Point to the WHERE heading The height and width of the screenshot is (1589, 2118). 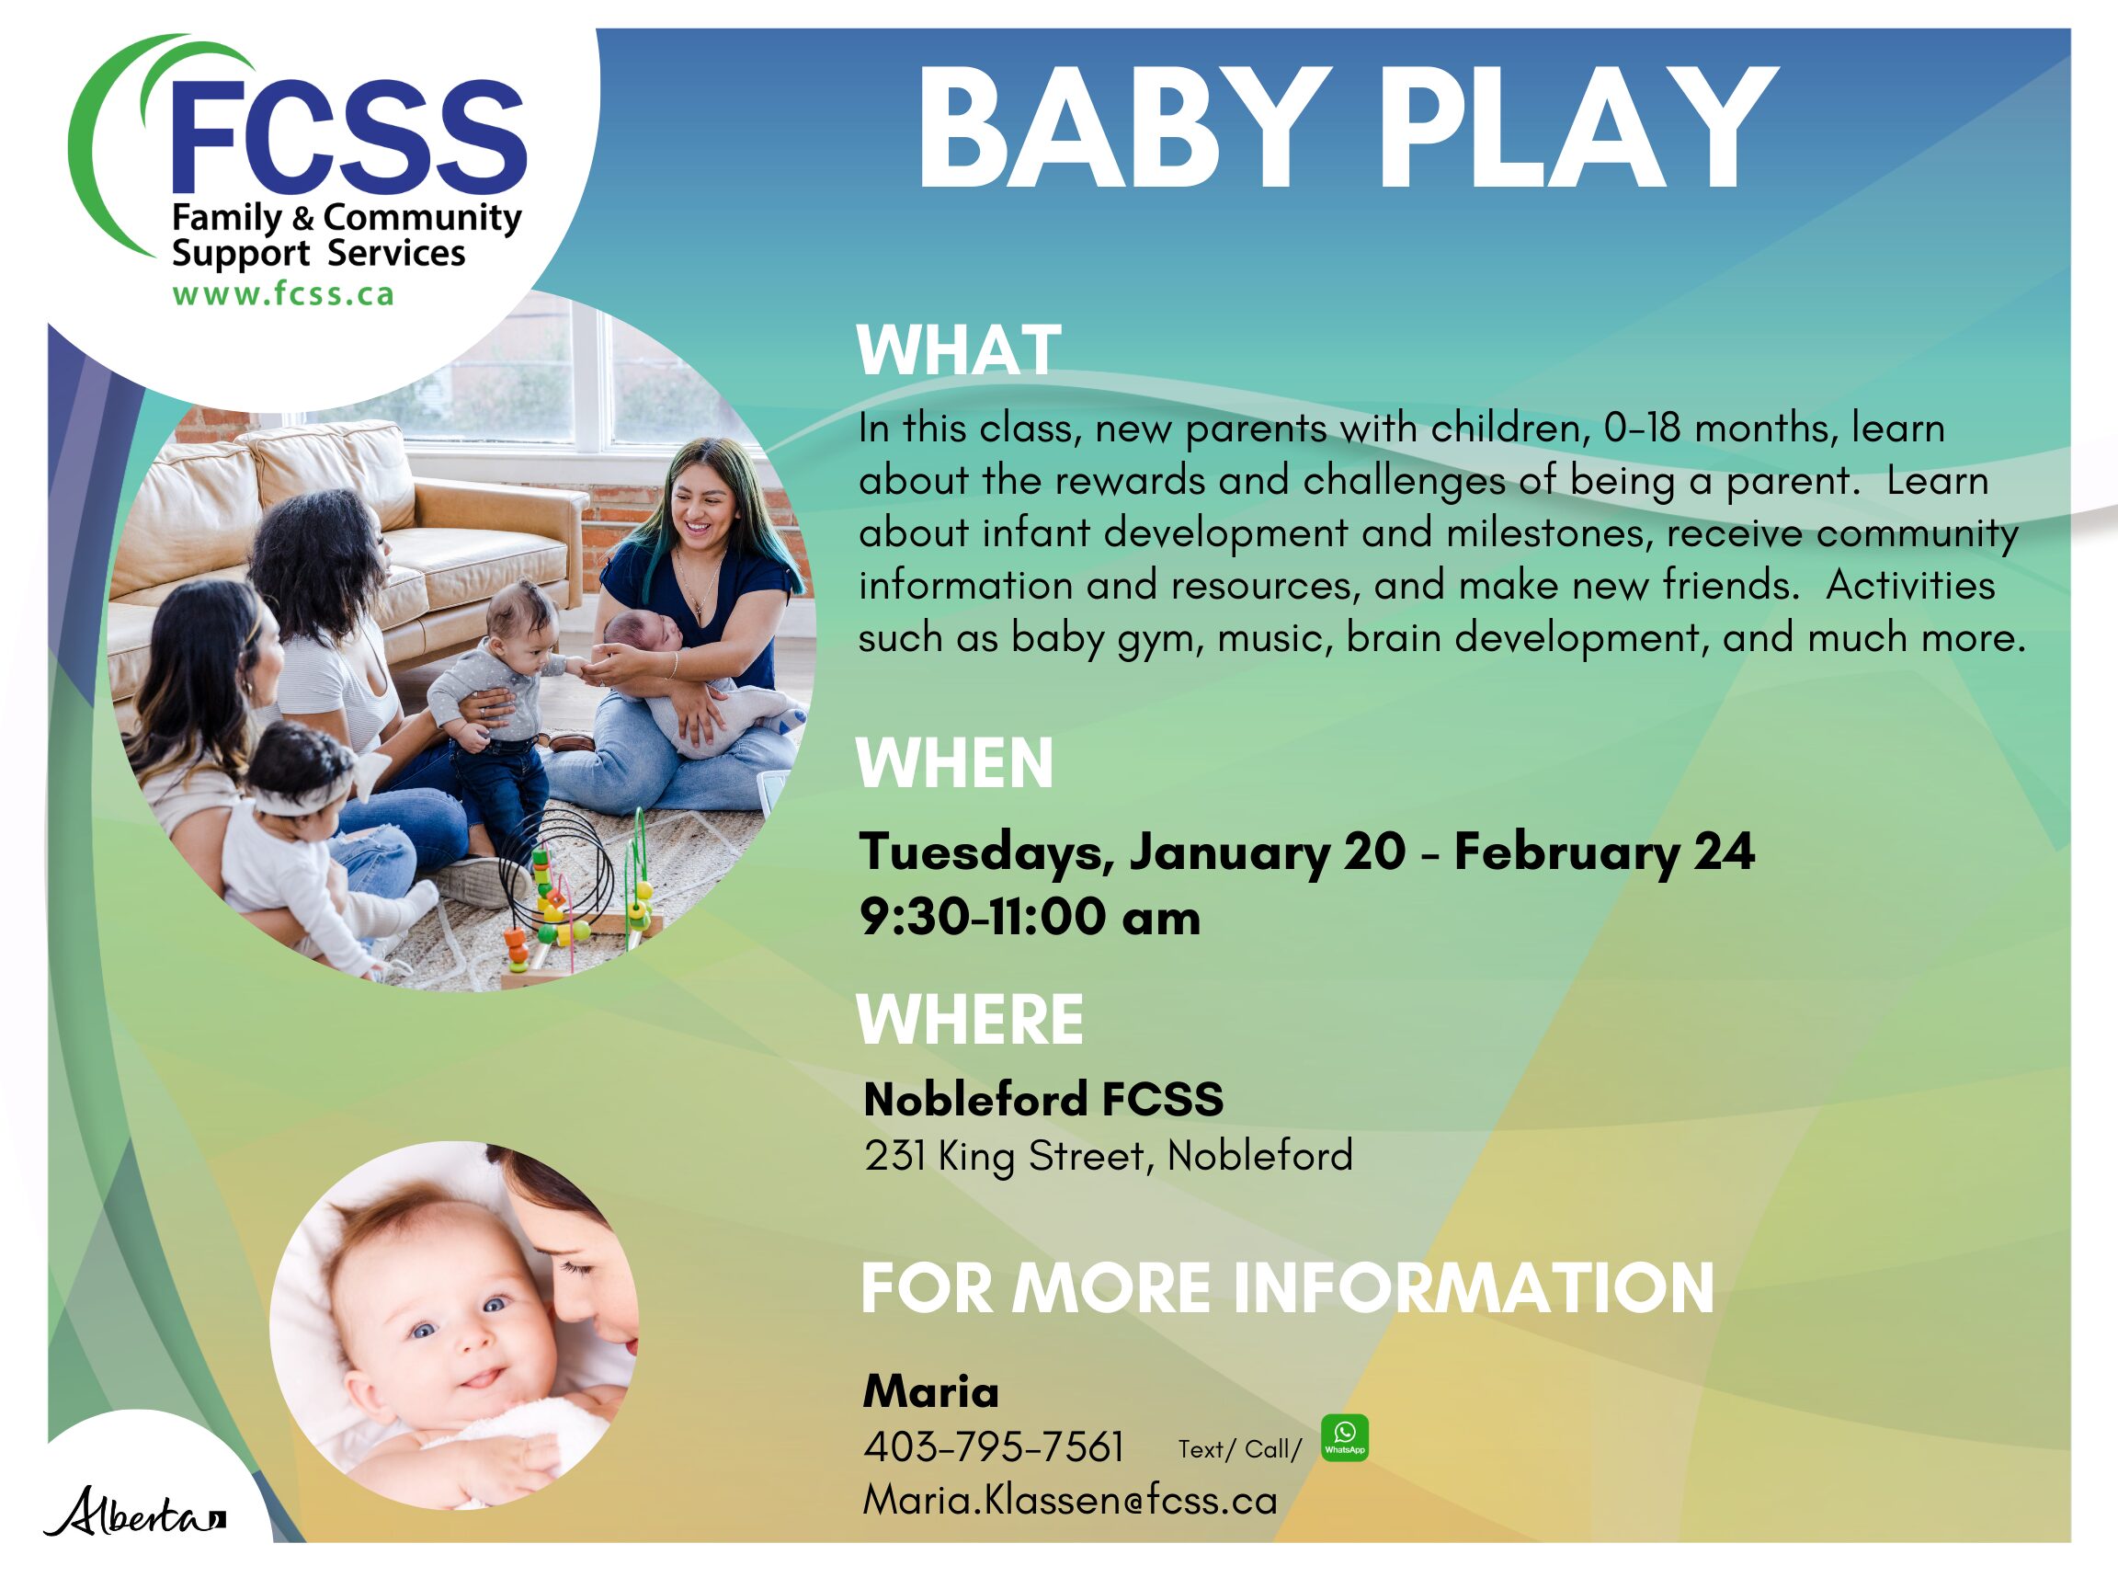point(970,1019)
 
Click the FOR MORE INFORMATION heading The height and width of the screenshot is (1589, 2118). point(1287,1287)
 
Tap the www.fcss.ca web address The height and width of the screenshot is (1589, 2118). point(283,294)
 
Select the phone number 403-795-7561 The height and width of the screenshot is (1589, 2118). point(993,1446)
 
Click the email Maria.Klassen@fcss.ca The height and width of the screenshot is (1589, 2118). point(1069,1500)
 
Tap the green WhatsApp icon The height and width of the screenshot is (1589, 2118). point(1344,1437)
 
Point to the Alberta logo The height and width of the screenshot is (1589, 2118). point(134,1512)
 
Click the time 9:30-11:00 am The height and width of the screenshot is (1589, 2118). point(1030,917)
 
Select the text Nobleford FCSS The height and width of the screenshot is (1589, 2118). point(1042,1099)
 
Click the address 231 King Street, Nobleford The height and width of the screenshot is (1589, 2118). point(1108,1155)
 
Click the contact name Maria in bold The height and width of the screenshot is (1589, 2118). point(929,1390)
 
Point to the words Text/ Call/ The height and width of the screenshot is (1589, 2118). point(1239,1449)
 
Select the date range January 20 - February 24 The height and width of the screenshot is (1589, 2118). point(1441,852)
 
